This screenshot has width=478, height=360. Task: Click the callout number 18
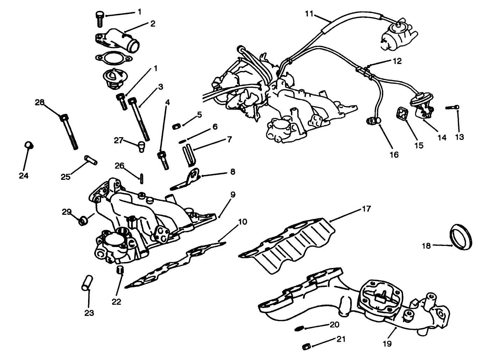coord(426,246)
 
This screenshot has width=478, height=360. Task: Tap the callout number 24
coord(23,176)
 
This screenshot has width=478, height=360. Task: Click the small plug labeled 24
coord(28,145)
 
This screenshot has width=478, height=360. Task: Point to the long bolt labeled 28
coord(69,132)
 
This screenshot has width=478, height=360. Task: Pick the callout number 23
coord(89,313)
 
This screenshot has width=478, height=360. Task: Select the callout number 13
coord(459,137)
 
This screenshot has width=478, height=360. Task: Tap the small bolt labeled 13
coord(452,108)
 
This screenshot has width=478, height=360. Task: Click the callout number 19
coord(387,344)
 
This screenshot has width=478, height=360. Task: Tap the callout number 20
coord(334,325)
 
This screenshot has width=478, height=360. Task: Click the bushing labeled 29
coord(84,221)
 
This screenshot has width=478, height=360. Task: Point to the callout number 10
coord(242,222)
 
